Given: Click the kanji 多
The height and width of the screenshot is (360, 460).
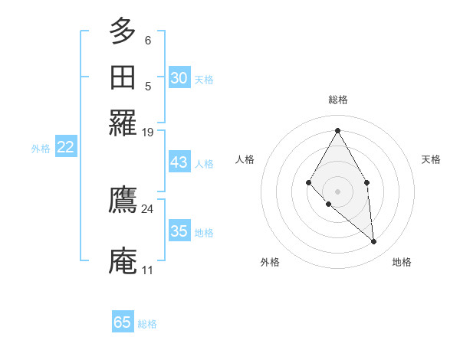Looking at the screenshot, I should point(123,31).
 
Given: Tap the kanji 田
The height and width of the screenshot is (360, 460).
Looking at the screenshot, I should point(123,77).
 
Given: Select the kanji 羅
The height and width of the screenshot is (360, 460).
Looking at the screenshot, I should point(123,123).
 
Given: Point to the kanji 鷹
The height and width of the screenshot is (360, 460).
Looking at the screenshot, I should point(123,200).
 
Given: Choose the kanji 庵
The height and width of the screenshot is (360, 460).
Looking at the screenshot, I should point(123,261).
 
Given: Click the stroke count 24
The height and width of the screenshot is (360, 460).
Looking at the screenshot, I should point(147,208).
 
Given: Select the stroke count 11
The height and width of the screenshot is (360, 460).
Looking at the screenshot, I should point(147,270).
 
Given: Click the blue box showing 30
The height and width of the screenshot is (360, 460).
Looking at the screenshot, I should point(179,78).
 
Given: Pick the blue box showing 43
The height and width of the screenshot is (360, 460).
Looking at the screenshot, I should point(179,162).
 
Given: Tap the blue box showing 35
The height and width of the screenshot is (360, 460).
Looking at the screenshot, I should point(179,231).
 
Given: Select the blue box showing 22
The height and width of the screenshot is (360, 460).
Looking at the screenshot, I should point(65,147).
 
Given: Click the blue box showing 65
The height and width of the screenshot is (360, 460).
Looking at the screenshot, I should point(123,322).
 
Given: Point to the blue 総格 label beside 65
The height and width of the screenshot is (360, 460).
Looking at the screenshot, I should point(147,324).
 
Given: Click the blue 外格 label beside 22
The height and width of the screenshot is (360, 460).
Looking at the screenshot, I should point(40,149).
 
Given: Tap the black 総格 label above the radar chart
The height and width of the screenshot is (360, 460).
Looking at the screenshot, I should point(337,100).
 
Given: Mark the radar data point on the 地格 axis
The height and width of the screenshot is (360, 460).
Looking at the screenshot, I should point(373,242).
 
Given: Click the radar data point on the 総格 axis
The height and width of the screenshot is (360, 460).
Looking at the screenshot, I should point(337,130).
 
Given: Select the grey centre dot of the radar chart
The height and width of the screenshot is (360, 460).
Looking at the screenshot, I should point(337,191).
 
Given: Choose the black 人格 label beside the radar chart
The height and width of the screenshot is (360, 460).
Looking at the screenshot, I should point(245,159).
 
